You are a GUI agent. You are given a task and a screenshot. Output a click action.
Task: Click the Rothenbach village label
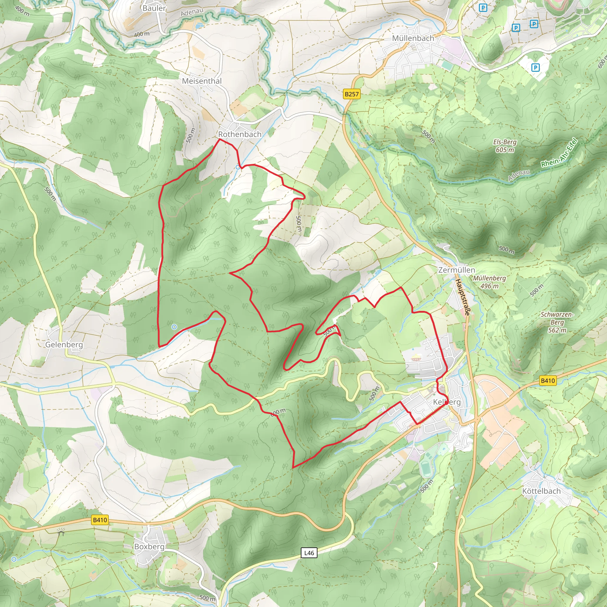240,134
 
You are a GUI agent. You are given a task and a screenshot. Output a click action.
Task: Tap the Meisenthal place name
202,81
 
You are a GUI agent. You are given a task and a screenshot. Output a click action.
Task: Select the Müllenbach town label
413,38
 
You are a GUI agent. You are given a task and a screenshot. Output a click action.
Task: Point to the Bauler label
154,8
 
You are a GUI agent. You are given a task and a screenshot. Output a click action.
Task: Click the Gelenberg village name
64,345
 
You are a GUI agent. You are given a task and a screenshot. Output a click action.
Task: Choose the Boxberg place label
149,546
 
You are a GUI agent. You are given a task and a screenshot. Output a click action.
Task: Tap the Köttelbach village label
541,491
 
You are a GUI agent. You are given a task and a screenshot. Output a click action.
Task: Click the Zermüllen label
456,270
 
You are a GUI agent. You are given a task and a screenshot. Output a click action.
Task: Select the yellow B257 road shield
351,94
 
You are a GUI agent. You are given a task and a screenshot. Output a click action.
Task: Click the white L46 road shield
309,553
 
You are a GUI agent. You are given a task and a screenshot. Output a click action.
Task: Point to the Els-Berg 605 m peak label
504,146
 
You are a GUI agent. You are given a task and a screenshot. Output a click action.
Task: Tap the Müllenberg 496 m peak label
489,282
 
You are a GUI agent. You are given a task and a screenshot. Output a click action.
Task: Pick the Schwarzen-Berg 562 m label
557,322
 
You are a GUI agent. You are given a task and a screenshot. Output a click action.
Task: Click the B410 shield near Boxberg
100,520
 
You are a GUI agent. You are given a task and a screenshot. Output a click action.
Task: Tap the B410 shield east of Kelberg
548,381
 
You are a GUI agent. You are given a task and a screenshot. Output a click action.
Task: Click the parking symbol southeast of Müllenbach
535,67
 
